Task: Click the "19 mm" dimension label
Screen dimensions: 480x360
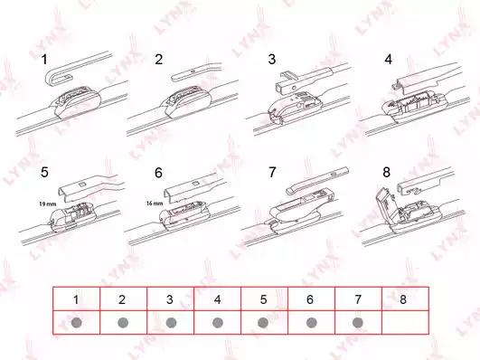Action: coord(47,204)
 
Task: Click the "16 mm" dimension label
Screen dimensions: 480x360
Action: coord(155,204)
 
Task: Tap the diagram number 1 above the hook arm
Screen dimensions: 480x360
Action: coord(44,60)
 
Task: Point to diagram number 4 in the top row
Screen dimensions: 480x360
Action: coord(388,60)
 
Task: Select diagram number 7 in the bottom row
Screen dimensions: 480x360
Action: coord(272,172)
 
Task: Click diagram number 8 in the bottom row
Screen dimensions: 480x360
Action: coord(386,172)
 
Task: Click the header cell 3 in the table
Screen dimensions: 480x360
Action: coord(170,299)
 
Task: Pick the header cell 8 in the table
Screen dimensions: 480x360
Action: coord(405,299)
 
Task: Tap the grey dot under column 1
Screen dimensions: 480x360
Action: coord(76,323)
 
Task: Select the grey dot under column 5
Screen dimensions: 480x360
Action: coord(263,323)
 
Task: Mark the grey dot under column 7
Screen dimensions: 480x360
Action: coord(358,323)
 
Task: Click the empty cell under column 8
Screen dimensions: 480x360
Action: coord(405,322)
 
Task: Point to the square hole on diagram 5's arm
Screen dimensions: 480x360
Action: coord(82,185)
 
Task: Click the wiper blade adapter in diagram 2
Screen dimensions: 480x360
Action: coord(188,101)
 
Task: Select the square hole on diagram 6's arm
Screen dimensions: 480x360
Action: coord(195,184)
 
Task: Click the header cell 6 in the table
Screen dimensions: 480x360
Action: coord(311,299)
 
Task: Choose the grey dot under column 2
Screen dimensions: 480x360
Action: coord(123,323)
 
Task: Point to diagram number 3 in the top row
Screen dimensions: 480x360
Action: coord(272,60)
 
